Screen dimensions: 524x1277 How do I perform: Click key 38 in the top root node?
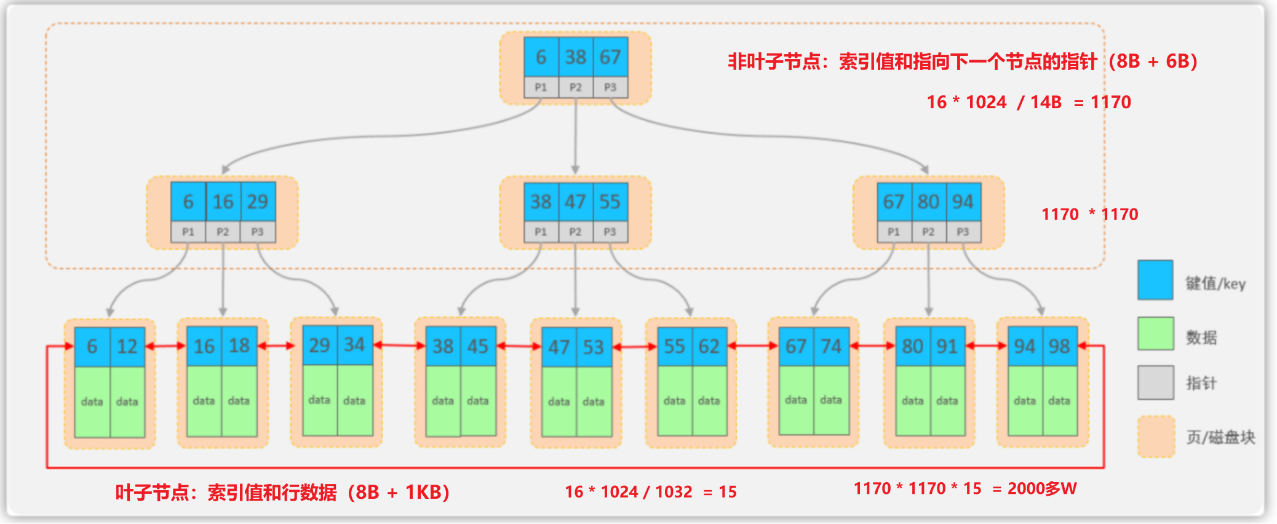pyautogui.click(x=576, y=57)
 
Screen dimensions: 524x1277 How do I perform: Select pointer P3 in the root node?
pyautogui.click(x=610, y=87)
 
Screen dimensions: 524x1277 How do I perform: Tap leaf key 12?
pyautogui.click(x=127, y=347)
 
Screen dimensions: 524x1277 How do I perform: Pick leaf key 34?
pyautogui.click(x=354, y=345)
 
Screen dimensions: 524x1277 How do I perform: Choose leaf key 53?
pyautogui.click(x=594, y=347)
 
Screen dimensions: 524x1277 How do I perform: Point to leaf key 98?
pyautogui.click(x=1059, y=346)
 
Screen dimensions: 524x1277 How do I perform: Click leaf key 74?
pyautogui.click(x=831, y=346)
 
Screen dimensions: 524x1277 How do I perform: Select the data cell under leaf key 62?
pyautogui.click(x=709, y=401)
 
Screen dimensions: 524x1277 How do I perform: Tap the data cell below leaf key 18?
pyautogui.click(x=239, y=401)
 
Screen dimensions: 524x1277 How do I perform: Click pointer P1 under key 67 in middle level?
pyautogui.click(x=894, y=232)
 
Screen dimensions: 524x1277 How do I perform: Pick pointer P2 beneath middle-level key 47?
pyautogui.click(x=575, y=232)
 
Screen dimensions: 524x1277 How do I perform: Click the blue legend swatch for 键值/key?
pyautogui.click(x=1155, y=280)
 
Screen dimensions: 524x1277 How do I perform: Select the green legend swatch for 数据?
pyautogui.click(x=1155, y=333)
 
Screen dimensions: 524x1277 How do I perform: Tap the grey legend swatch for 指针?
pyautogui.click(x=1155, y=382)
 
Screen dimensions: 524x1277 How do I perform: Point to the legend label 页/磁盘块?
pyautogui.click(x=1220, y=437)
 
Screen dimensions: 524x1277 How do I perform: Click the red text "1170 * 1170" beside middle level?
pyautogui.click(x=1089, y=215)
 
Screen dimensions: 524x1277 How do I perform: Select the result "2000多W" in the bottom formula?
pyautogui.click(x=1042, y=489)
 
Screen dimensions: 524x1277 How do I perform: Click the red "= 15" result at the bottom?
pyautogui.click(x=720, y=492)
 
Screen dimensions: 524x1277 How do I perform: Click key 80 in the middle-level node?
pyautogui.click(x=928, y=202)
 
